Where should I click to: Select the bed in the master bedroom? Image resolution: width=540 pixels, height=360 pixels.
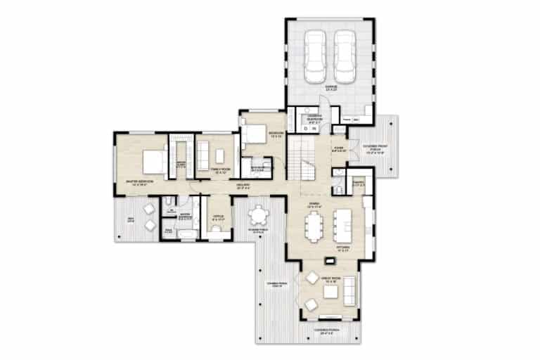tap(153, 162)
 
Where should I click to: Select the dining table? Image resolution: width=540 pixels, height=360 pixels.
tap(314, 225)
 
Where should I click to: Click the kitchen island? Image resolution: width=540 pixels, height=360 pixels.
tap(344, 221)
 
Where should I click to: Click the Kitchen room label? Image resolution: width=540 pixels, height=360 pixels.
tap(344, 248)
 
